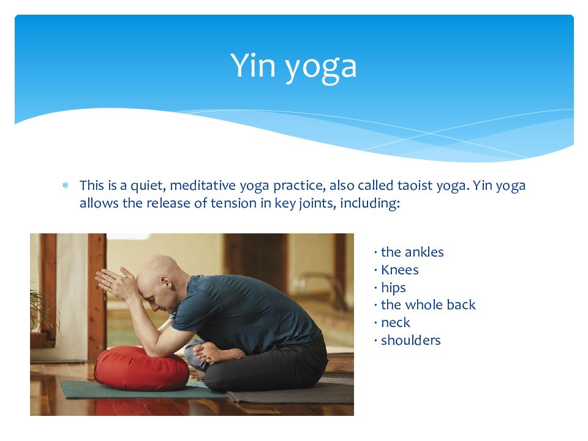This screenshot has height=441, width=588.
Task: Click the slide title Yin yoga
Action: (x=293, y=66)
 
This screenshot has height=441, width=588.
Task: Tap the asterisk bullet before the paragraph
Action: (x=66, y=185)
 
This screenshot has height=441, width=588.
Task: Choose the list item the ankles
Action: (x=412, y=252)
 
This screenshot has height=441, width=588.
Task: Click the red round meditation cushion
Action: (x=141, y=368)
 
